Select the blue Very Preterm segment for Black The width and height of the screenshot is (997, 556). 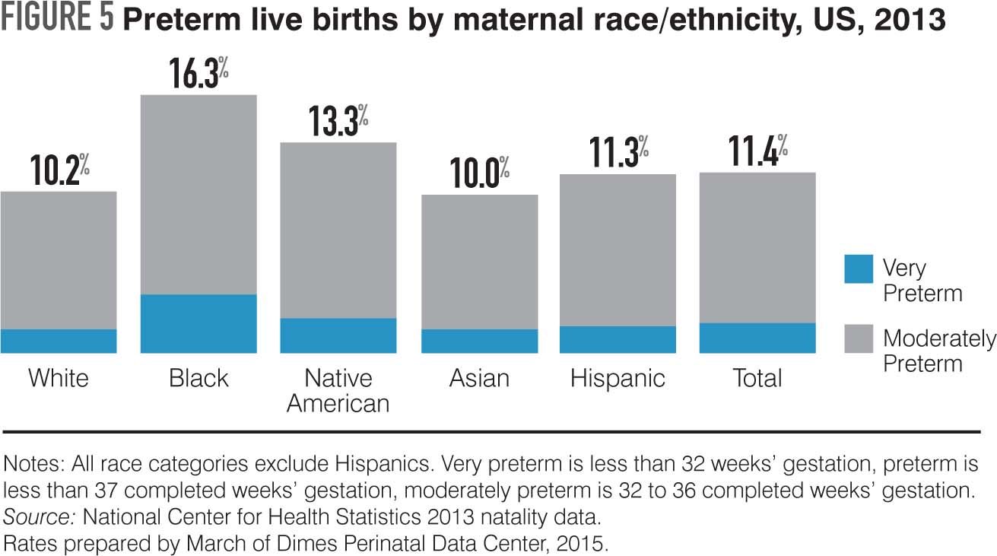(x=198, y=323)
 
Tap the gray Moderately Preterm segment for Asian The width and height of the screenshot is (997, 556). (x=480, y=262)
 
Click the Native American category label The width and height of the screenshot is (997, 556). (x=338, y=390)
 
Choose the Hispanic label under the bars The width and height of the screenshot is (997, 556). (x=618, y=378)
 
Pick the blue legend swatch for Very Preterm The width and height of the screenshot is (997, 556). (x=859, y=269)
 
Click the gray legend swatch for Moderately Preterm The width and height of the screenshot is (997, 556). (x=859, y=338)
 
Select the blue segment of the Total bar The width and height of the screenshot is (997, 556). (x=757, y=338)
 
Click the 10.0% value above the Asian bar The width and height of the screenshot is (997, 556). (x=478, y=174)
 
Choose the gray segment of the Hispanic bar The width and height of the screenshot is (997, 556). (x=618, y=250)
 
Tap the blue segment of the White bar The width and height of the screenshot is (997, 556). (x=59, y=341)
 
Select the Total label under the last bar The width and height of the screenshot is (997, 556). (x=757, y=378)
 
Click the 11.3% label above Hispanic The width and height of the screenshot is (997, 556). (x=618, y=154)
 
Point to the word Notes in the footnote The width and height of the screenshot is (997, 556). (x=29, y=463)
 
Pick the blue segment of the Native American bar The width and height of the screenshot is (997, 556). (x=338, y=335)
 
